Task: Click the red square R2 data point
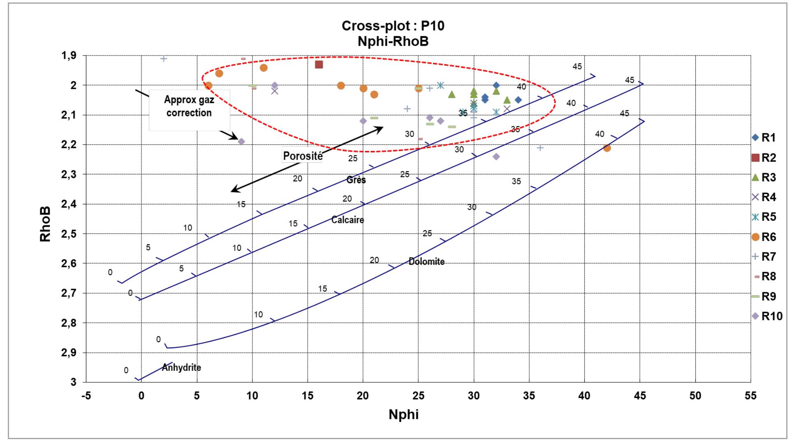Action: (x=319, y=65)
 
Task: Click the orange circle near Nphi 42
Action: (x=607, y=148)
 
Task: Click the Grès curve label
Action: (x=356, y=180)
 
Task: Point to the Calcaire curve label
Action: (x=347, y=220)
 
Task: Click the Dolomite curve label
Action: (x=426, y=261)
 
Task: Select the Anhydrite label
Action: (x=181, y=368)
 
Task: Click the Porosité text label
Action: (x=303, y=156)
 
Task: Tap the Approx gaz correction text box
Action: (x=189, y=107)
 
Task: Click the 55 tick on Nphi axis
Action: (x=750, y=396)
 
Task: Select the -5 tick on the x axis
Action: (x=86, y=396)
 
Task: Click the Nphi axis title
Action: (x=403, y=414)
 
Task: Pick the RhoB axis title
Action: (x=45, y=224)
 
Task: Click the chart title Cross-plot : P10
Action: (x=393, y=26)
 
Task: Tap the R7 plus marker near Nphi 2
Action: (x=163, y=59)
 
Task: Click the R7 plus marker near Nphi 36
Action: (x=540, y=148)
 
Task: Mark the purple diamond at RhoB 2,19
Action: (x=241, y=141)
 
